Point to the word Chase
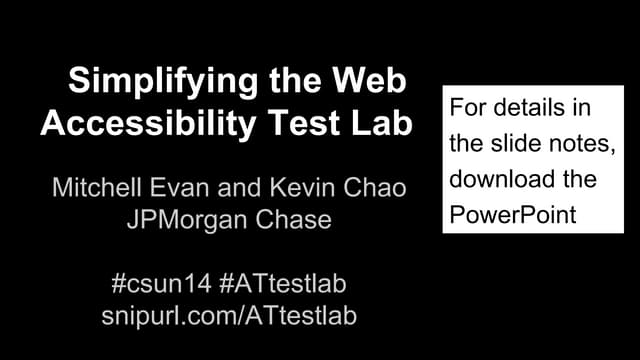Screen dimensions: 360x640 tap(297, 218)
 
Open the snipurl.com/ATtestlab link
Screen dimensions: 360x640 tap(229, 315)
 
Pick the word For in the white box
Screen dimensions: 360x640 tap(466, 107)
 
